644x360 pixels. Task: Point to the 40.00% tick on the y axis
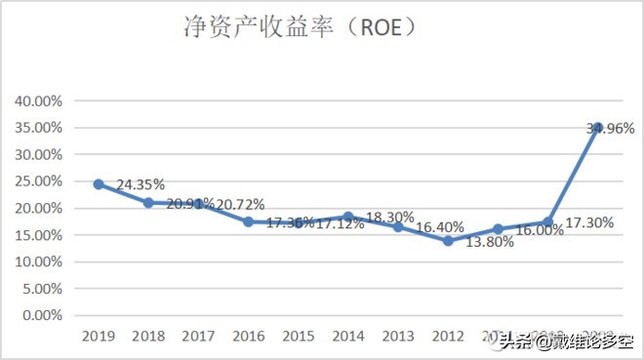[x=38, y=100]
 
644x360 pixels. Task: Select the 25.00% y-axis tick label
[x=38, y=181]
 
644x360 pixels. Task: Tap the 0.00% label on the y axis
[x=41, y=315]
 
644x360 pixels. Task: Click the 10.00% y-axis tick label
[x=38, y=261]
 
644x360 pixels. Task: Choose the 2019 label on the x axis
[x=99, y=336]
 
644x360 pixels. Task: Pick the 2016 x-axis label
[x=248, y=336]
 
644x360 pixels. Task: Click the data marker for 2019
[x=99, y=183]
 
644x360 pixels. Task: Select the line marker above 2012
[x=448, y=240]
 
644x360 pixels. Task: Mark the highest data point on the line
[x=597, y=128]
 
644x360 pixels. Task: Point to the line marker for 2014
[x=348, y=217]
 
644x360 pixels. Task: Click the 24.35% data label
[x=141, y=183]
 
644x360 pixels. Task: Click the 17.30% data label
[x=589, y=222]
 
